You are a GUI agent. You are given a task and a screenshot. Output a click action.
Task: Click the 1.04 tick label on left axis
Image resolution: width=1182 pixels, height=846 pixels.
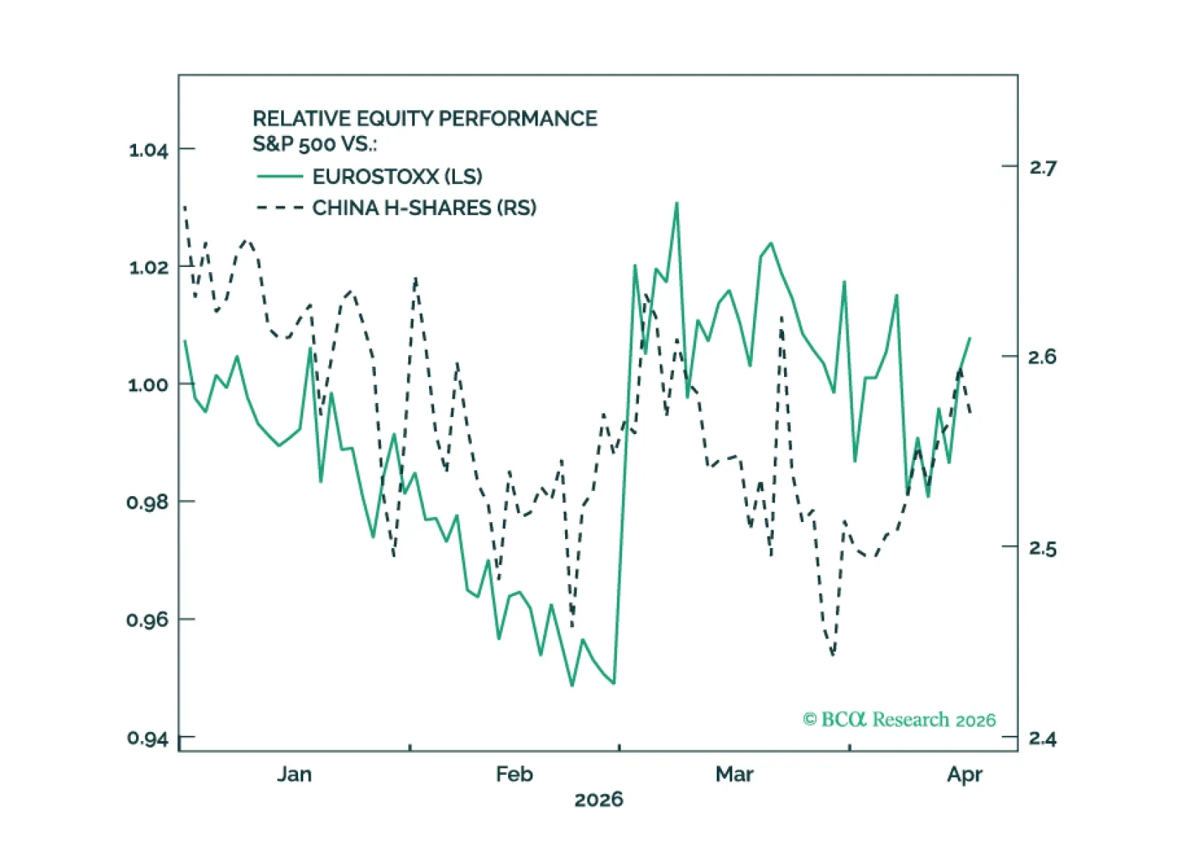coord(148,150)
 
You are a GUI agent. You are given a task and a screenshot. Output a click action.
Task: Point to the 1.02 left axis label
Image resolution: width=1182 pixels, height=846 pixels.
coord(148,268)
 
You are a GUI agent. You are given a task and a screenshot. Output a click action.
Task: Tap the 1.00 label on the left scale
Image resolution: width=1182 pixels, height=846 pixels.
coord(148,385)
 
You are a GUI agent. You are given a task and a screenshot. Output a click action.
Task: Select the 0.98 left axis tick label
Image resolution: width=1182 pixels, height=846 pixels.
coord(147,501)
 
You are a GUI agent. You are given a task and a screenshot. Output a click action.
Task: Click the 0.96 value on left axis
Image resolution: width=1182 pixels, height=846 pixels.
coord(147,620)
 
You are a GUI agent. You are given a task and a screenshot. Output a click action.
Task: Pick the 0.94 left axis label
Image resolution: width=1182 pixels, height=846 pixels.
coord(148,738)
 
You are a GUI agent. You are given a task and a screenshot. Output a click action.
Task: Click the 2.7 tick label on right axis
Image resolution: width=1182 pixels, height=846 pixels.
coord(1043,169)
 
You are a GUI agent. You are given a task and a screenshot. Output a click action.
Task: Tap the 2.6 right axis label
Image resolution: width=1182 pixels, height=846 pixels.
coord(1043,357)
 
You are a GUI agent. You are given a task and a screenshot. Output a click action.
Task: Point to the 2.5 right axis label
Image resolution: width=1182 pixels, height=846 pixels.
coord(1043,549)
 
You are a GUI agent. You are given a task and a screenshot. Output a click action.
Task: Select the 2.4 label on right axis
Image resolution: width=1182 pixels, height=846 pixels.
coord(1043,739)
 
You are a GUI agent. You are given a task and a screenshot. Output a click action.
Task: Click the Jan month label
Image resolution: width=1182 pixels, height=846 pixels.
coord(294,774)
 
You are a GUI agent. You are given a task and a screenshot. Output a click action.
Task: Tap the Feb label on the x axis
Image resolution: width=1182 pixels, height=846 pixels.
coord(515,774)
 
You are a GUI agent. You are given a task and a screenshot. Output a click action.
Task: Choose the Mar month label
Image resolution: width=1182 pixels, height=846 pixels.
coord(734,774)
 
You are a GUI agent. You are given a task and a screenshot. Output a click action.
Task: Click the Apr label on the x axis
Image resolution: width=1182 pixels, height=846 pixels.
coord(965,775)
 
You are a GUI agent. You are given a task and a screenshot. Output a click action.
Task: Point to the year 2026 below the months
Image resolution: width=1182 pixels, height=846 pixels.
coord(599,800)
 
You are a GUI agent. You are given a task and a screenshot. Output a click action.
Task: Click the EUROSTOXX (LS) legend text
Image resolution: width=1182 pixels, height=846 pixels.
coord(397,177)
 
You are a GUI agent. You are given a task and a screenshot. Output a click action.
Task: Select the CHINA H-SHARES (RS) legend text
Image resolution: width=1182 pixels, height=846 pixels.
coord(425,208)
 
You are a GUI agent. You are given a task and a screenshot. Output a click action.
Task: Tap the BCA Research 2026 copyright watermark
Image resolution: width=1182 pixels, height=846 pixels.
coord(899,720)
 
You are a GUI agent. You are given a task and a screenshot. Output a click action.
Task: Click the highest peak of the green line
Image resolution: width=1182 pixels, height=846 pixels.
coord(677,203)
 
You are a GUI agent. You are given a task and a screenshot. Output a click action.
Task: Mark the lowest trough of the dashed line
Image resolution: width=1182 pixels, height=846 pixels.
coord(833,654)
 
